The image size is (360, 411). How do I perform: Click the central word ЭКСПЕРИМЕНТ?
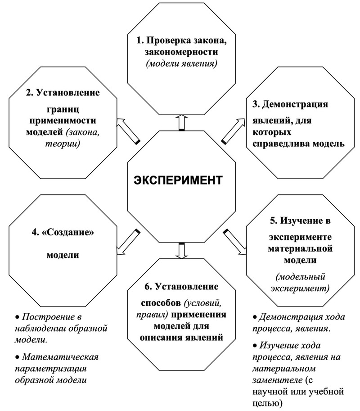click(x=178, y=181)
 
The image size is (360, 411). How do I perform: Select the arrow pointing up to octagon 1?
click(x=181, y=122)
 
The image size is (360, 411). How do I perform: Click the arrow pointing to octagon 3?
click(x=233, y=131)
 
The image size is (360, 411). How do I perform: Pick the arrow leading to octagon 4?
click(x=128, y=242)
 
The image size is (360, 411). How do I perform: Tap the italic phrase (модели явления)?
click(x=181, y=63)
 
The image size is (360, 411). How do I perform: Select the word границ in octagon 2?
click(x=63, y=109)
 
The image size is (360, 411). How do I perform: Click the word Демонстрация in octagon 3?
click(x=295, y=104)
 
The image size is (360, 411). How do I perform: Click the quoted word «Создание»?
click(x=67, y=232)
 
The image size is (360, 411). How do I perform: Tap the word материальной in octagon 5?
click(x=300, y=248)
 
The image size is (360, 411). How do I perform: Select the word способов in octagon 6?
click(x=161, y=303)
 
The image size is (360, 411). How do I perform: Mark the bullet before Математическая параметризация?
click(x=17, y=357)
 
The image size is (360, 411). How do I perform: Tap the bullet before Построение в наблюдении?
click(x=17, y=317)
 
